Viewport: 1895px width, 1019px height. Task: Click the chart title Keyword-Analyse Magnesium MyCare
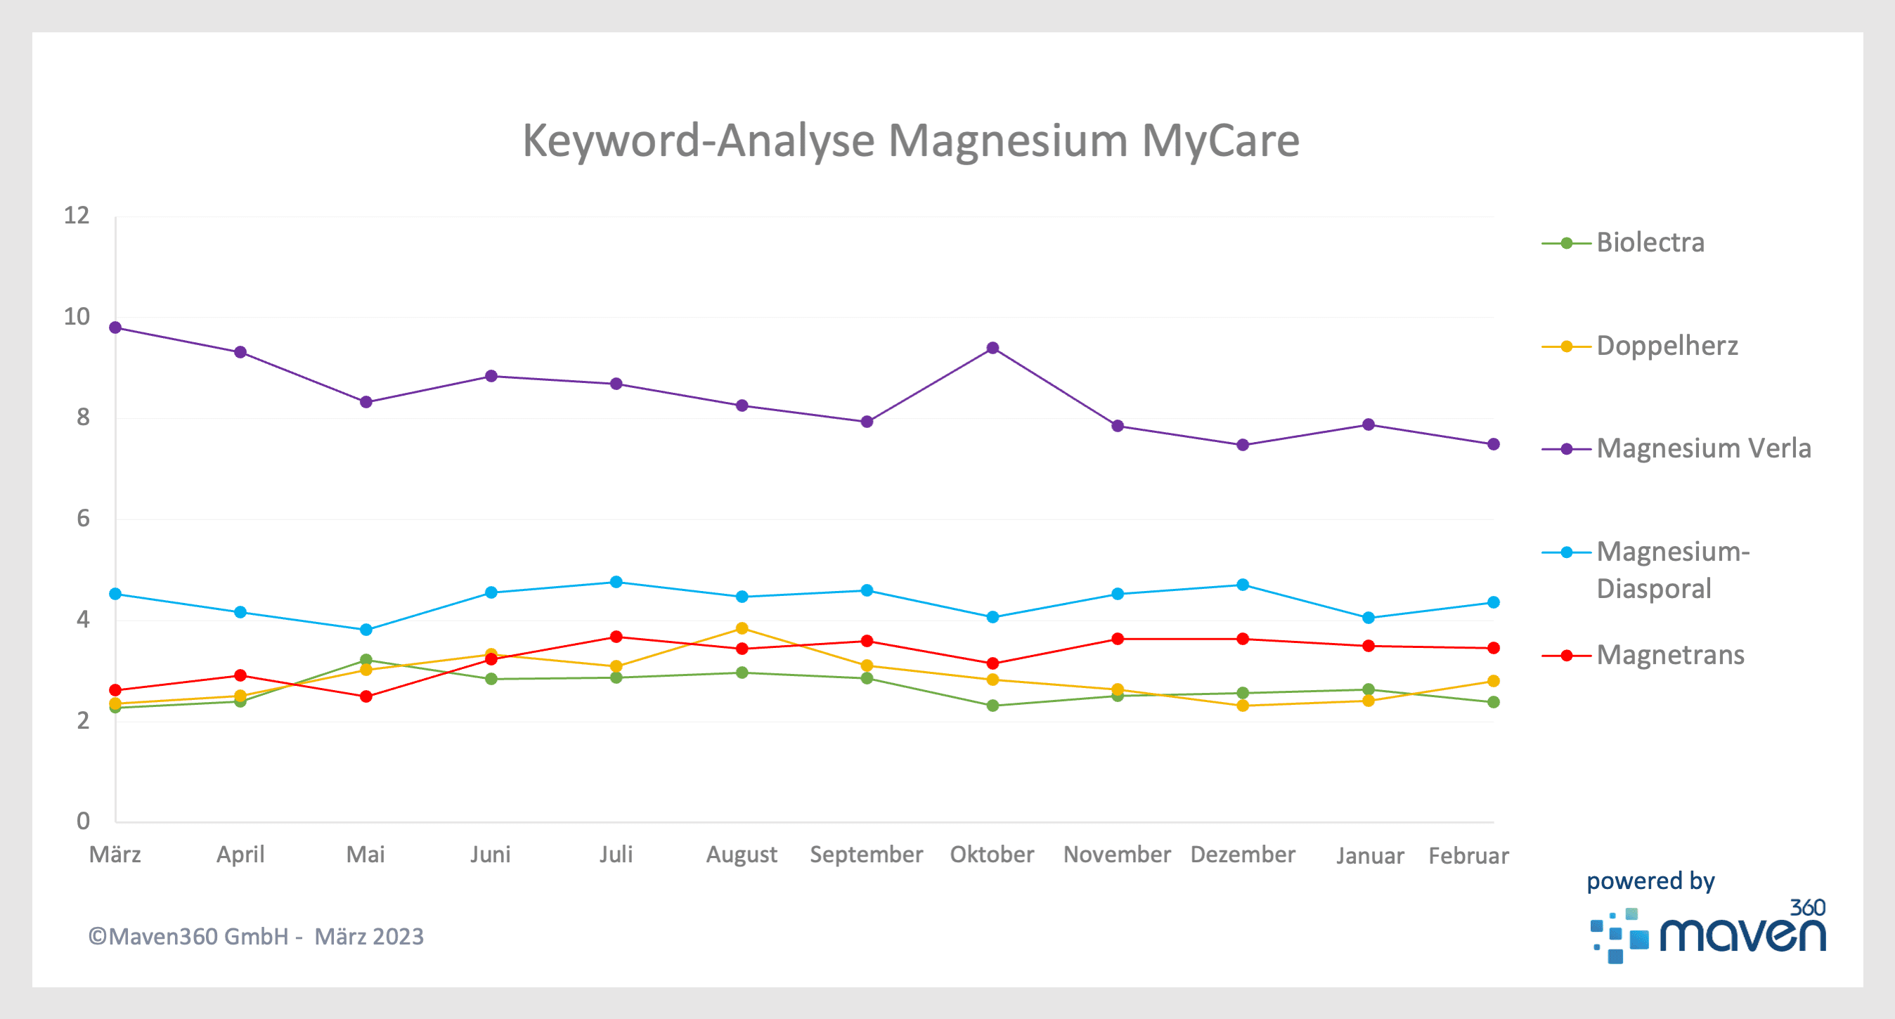pyautogui.click(x=910, y=140)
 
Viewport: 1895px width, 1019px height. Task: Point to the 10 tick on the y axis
pyautogui.click(x=77, y=317)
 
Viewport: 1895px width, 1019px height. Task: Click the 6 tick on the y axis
pyautogui.click(x=82, y=519)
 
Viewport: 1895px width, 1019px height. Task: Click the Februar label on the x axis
pyautogui.click(x=1468, y=856)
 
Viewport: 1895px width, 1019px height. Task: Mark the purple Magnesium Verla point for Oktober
pyautogui.click(x=992, y=348)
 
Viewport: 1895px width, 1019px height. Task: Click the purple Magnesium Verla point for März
pyautogui.click(x=115, y=327)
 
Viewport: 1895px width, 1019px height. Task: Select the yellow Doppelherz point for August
pyautogui.click(x=742, y=628)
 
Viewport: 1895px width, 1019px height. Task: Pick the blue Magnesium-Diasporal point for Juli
pyautogui.click(x=616, y=582)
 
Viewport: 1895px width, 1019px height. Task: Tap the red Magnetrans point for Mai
pyautogui.click(x=366, y=696)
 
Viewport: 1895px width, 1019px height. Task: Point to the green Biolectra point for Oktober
pyautogui.click(x=992, y=706)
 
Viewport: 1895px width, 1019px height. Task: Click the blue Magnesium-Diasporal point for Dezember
pyautogui.click(x=1243, y=585)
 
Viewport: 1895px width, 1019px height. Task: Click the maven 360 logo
pyautogui.click(x=1707, y=931)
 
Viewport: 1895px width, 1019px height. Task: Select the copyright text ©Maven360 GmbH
pyautogui.click(x=255, y=937)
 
